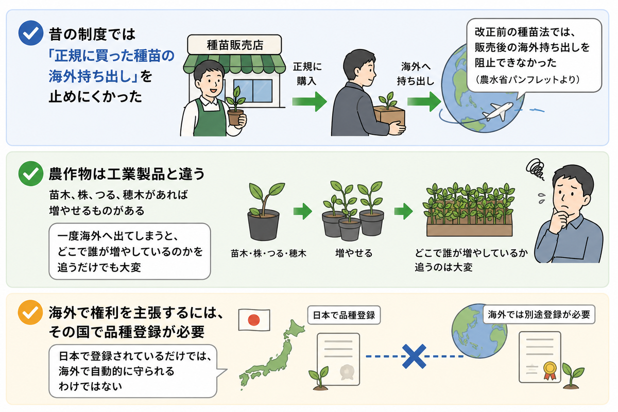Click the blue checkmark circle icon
coord(31,33)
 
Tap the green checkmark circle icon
coord(31,174)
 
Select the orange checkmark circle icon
coord(30,313)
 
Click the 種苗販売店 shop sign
coord(234,45)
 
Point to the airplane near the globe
coord(498,111)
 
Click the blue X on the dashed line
coord(414,356)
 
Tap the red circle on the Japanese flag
coord(254,320)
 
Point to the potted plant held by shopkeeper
coord(235,107)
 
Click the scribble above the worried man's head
coord(536,168)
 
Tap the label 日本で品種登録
coord(344,315)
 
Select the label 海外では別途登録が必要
coord(539,314)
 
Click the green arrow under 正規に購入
coord(310,101)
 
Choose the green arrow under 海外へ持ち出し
coord(424,101)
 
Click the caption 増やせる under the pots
coord(354,253)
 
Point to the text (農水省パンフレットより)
coord(527,80)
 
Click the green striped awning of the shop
coord(234,64)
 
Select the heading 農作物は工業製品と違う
coord(127,175)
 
